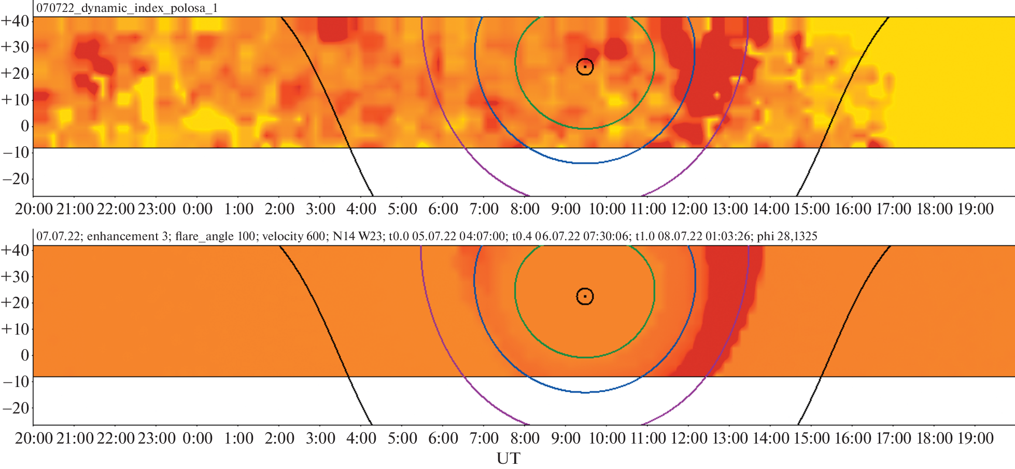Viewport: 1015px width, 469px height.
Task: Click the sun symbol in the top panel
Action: click(585, 67)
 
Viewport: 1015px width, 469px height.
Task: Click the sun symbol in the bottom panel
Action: click(585, 296)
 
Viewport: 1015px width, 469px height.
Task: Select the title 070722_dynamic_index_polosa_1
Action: click(127, 8)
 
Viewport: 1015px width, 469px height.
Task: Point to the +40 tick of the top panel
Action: click(15, 21)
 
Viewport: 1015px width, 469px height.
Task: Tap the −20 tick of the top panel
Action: click(15, 179)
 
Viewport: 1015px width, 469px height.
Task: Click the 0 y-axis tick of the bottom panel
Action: click(24, 355)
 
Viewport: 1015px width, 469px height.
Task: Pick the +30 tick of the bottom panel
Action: click(15, 277)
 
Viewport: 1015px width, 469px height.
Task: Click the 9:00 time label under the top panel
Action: click(566, 209)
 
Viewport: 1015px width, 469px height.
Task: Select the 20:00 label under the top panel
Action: click(34, 209)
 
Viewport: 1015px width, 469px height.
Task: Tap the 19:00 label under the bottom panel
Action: click(975, 438)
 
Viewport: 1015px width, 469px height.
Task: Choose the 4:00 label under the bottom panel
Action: click(361, 438)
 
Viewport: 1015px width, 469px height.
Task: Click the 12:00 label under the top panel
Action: click(689, 209)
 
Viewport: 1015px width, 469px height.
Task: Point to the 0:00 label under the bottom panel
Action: click(198, 438)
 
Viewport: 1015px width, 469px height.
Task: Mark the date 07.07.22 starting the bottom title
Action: click(58, 237)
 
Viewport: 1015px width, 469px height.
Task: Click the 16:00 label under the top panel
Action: click(853, 209)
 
